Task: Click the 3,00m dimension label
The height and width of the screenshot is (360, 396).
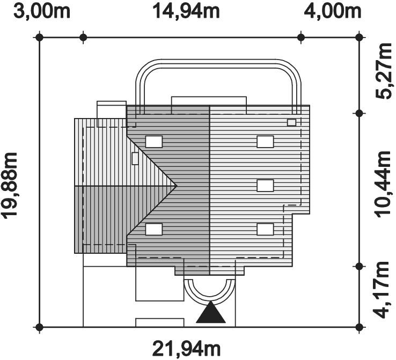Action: pyautogui.click(x=42, y=11)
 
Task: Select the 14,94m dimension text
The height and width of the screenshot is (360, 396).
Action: pyautogui.click(x=186, y=11)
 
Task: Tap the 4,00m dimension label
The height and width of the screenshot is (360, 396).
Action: pyautogui.click(x=332, y=11)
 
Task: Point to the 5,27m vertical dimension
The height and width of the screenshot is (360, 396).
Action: pyautogui.click(x=384, y=71)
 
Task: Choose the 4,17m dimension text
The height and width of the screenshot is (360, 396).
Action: pyautogui.click(x=384, y=290)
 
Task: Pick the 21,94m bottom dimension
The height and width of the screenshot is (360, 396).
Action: pyautogui.click(x=186, y=349)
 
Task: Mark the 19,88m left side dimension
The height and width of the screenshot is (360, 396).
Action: pyautogui.click(x=9, y=185)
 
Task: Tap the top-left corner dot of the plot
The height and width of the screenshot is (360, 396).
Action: pyautogui.click(x=39, y=38)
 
